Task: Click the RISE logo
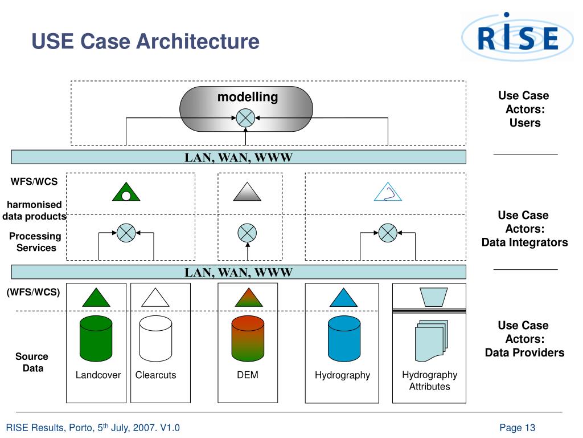517,36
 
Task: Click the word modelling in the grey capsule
248,97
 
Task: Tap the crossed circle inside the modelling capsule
245,118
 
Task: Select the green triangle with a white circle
126,192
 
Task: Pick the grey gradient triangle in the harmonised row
247,192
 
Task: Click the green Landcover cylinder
96,339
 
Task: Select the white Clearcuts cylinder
155,339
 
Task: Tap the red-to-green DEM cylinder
248,339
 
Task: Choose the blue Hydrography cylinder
344,339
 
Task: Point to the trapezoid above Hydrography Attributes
433,297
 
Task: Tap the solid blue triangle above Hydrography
343,298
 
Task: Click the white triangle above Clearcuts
155,298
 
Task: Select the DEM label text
248,375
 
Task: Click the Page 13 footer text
517,428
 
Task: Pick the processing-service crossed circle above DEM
247,233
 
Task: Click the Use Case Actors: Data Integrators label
524,229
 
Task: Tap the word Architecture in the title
198,41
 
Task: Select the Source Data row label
32,362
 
